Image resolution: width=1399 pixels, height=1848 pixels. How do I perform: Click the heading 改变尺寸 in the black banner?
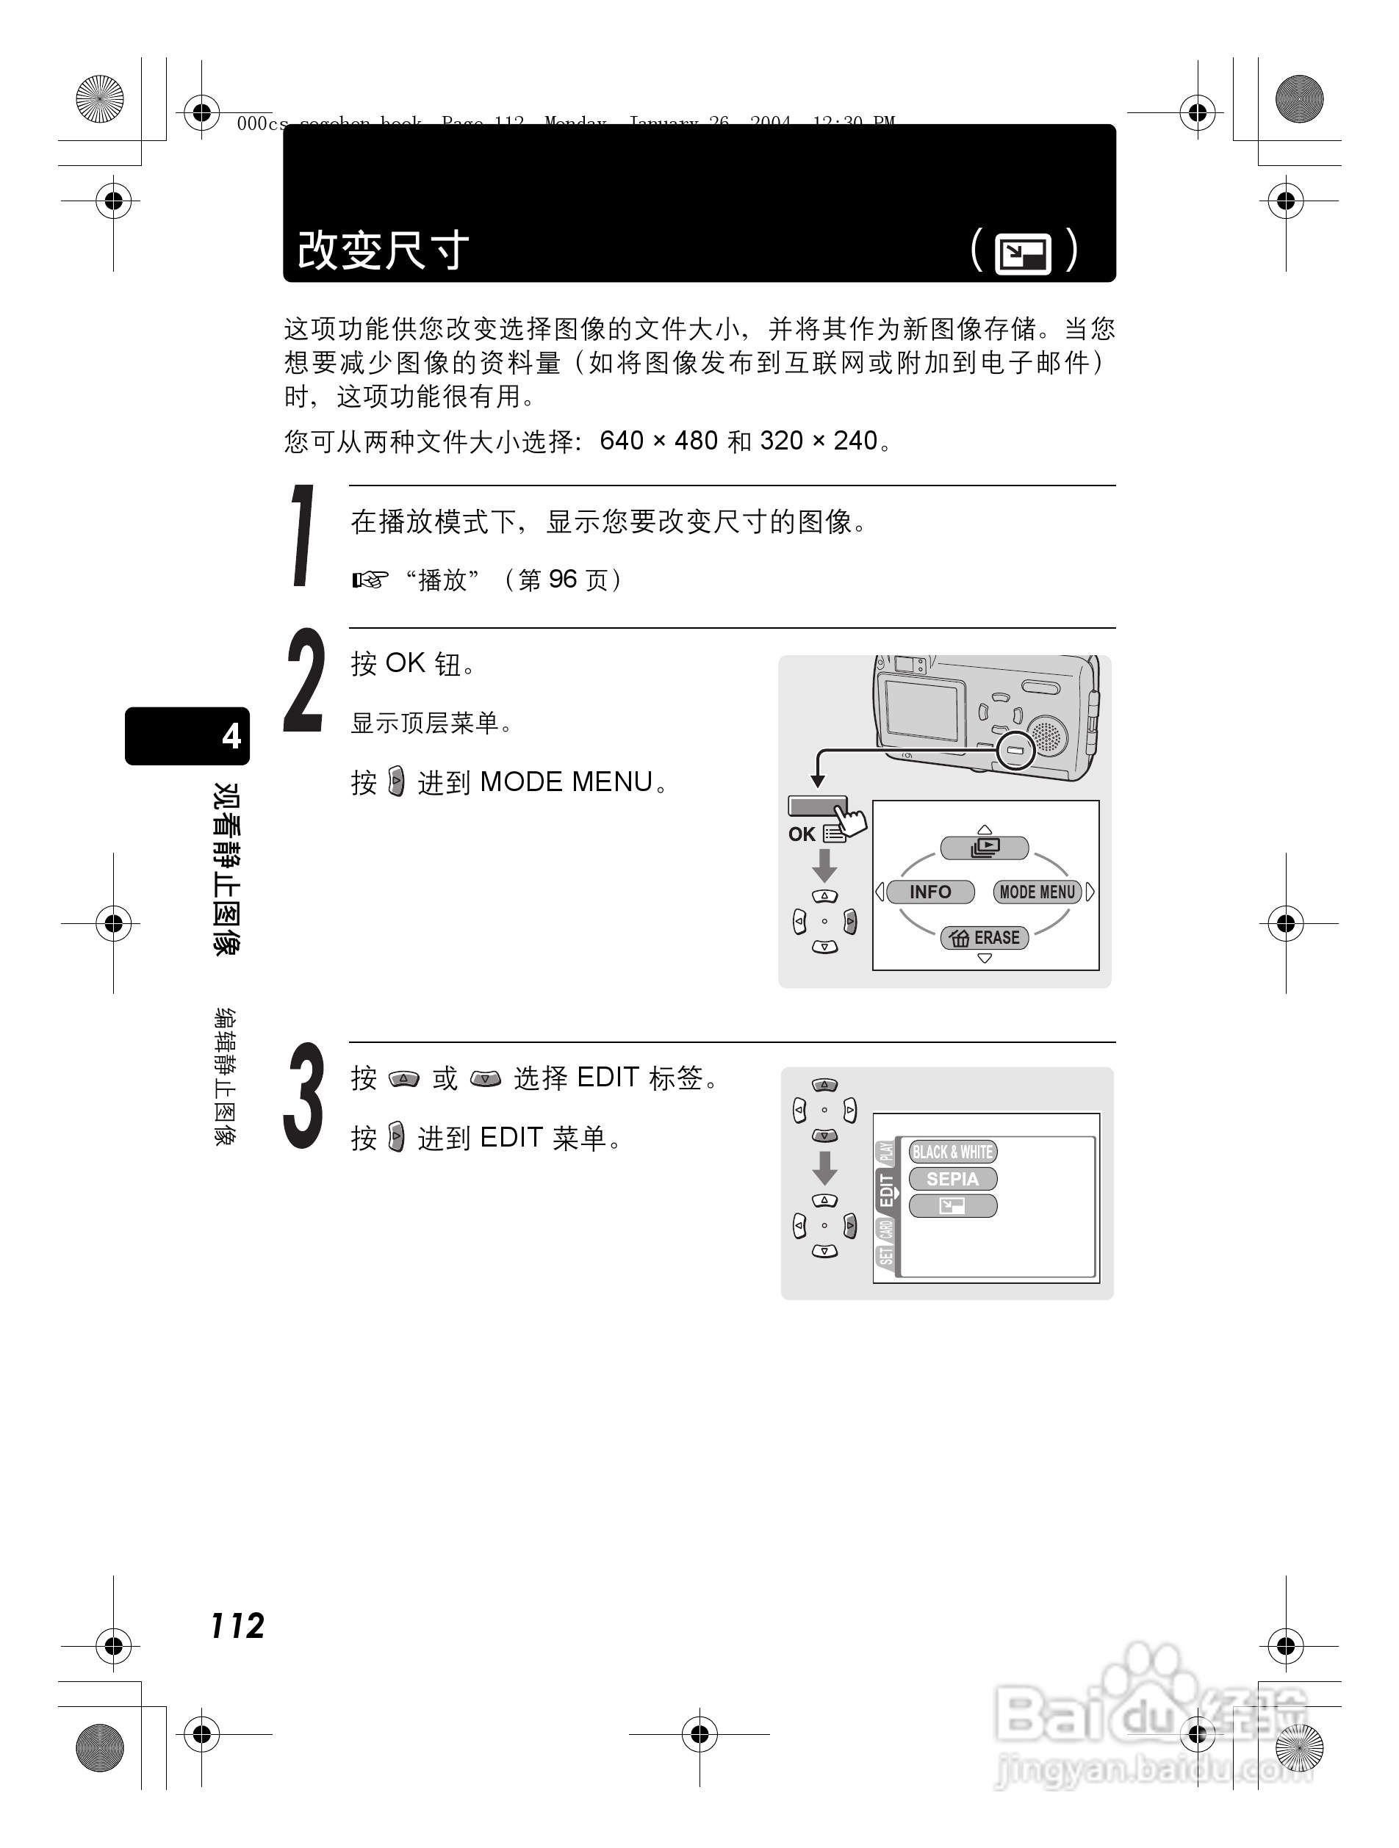click(x=383, y=250)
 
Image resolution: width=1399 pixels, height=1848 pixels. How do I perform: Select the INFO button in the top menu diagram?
click(x=929, y=892)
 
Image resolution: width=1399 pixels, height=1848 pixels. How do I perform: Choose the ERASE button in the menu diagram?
click(x=985, y=937)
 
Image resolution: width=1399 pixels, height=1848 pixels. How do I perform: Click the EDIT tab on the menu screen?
click(x=886, y=1191)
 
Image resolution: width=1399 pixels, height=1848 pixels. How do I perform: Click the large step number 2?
click(x=303, y=682)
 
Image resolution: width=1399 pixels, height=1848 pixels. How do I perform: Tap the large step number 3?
click(x=303, y=1095)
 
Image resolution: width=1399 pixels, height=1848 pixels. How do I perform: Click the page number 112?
click(x=237, y=1625)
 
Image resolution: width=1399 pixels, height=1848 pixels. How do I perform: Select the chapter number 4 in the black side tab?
click(x=231, y=736)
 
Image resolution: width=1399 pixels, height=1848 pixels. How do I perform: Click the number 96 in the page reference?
click(x=562, y=579)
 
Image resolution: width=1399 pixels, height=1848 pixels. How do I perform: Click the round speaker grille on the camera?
click(x=1046, y=735)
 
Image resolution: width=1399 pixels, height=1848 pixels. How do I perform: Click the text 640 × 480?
click(x=658, y=440)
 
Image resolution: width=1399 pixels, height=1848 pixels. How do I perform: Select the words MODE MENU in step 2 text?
click(x=566, y=782)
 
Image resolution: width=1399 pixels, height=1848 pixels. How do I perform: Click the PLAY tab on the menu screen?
click(x=886, y=1153)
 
